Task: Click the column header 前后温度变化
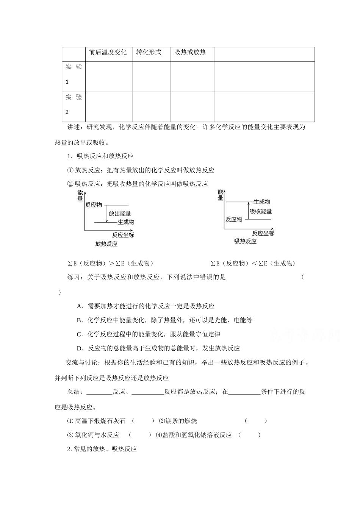point(108,52)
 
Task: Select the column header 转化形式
point(149,52)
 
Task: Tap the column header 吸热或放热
point(190,52)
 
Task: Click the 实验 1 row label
point(74,74)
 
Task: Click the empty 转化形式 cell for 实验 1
point(152,77)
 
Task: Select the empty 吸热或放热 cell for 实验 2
point(192,106)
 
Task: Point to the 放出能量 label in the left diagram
point(120,214)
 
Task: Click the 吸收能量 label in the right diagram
point(261,211)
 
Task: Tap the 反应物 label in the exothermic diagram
point(94,205)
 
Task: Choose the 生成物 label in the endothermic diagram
point(261,202)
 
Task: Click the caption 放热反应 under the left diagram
point(106,244)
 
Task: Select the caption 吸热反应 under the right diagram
point(246,241)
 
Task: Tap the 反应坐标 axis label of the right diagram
point(263,233)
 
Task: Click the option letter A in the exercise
point(79,306)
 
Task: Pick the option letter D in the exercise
point(79,348)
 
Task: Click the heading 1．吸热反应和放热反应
point(100,156)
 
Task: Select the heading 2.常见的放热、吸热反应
point(102,449)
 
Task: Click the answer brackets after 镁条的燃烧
point(256,421)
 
